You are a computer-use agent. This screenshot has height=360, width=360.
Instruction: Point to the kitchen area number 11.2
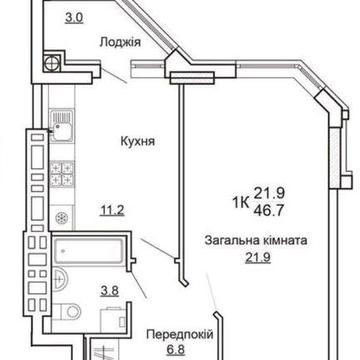(111, 211)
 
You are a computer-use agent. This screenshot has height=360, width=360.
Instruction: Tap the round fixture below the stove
(62, 218)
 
